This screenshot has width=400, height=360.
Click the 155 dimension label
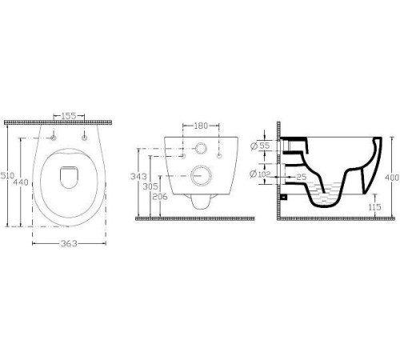click(69, 116)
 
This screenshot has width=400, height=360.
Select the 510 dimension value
click(7, 176)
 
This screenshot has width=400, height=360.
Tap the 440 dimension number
click(21, 182)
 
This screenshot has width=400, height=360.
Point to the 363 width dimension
click(69, 243)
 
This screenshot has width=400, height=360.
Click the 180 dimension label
click(201, 126)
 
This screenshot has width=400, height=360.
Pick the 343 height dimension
click(138, 177)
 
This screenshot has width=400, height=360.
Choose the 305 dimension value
click(150, 186)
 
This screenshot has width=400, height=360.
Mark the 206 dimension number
click(160, 197)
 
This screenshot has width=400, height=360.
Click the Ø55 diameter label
click(261, 146)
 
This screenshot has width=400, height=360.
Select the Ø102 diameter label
click(260, 174)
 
